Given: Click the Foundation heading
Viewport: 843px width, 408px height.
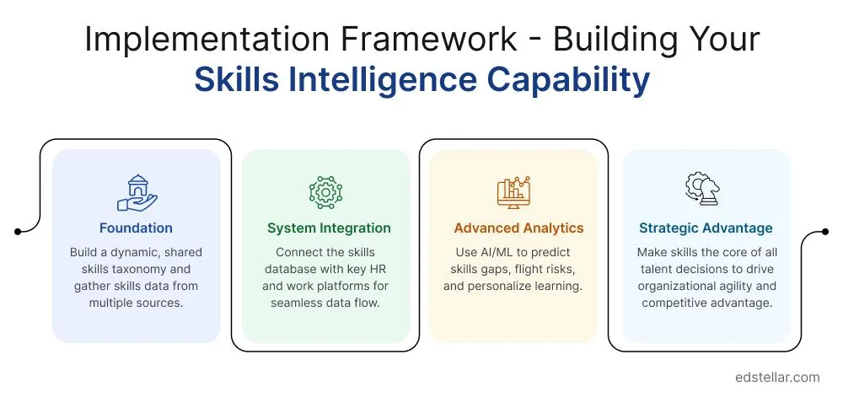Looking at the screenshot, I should [136, 228].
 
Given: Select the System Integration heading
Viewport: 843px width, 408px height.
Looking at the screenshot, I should [329, 228].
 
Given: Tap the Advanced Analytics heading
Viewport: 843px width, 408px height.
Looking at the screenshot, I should [518, 228].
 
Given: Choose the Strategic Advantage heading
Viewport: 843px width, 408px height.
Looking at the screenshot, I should [706, 228].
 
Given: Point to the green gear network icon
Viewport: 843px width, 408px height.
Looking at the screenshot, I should [326, 192].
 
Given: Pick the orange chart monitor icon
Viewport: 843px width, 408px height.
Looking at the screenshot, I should [513, 192].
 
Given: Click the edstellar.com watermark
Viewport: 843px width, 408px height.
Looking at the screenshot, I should [776, 377].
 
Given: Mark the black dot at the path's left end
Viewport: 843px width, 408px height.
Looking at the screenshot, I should [17, 231].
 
